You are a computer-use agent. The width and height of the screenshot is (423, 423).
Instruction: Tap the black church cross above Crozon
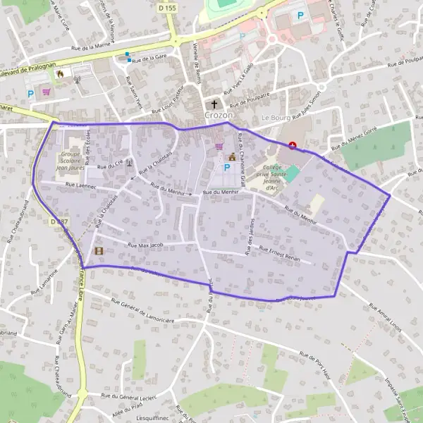(215, 104)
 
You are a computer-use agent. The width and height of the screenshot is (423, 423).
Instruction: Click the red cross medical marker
(293, 145)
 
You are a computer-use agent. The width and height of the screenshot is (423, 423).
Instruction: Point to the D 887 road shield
(59, 221)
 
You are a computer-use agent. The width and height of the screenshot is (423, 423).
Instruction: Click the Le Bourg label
(276, 117)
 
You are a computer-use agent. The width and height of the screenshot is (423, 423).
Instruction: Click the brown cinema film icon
(98, 251)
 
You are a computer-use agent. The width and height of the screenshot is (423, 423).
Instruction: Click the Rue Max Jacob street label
(146, 245)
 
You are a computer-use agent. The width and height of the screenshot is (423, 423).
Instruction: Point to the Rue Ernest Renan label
(279, 254)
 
